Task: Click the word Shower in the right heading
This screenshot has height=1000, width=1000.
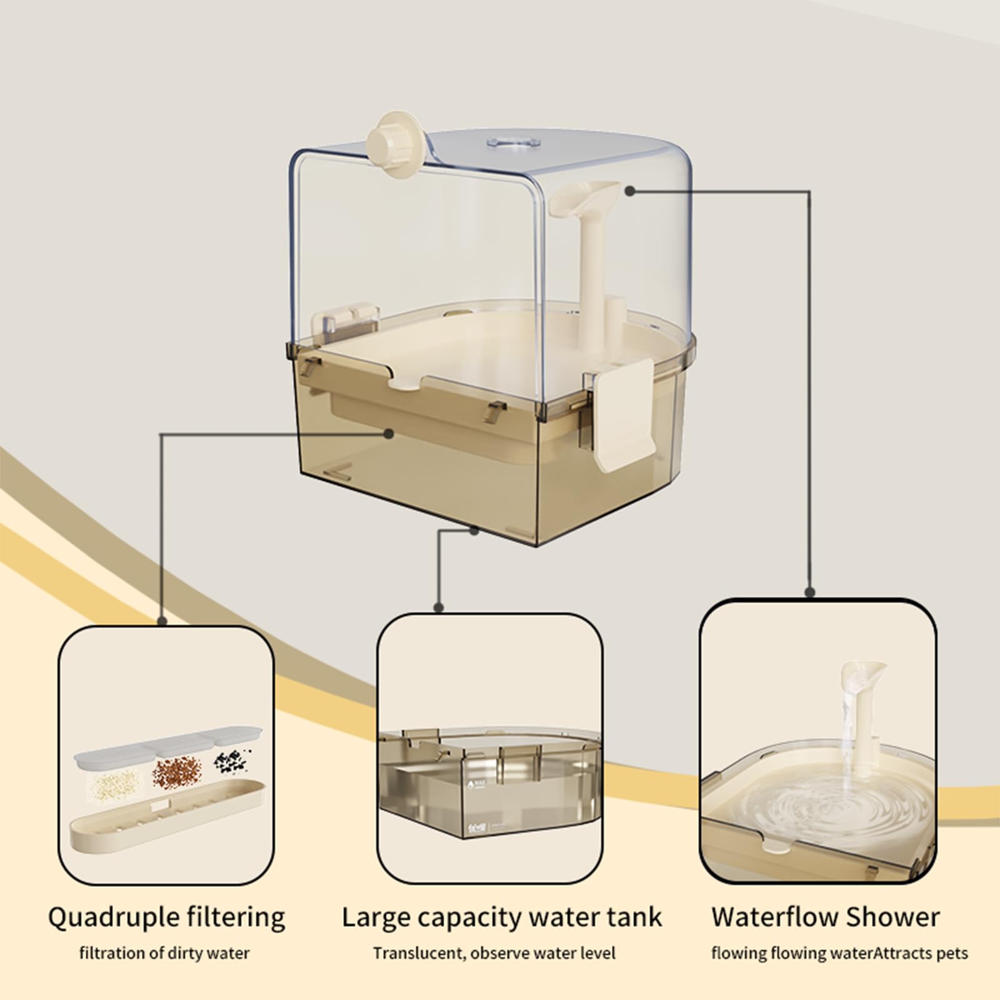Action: (894, 917)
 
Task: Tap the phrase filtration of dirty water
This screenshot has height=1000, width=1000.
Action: (164, 953)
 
